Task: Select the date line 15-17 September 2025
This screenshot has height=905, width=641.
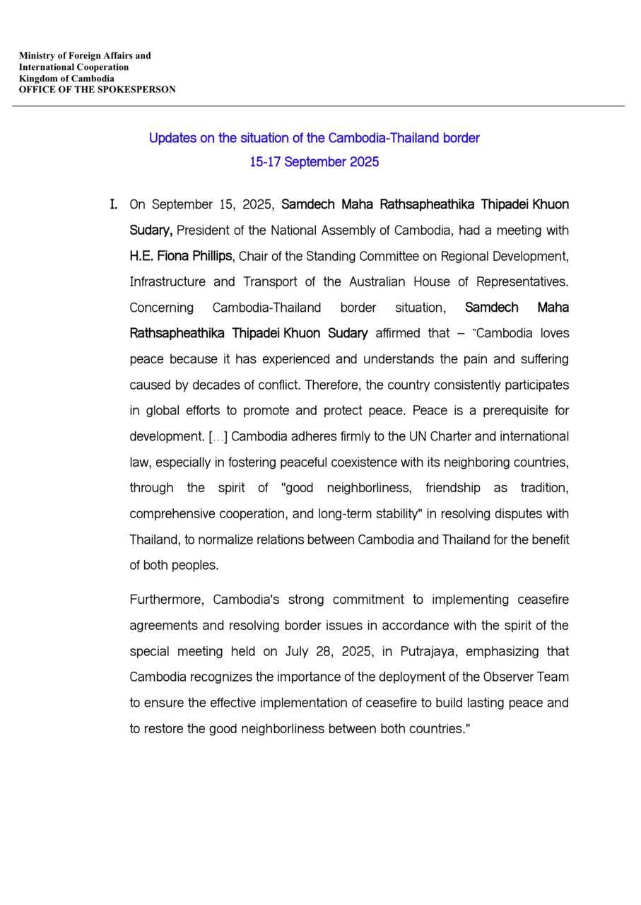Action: pyautogui.click(x=314, y=162)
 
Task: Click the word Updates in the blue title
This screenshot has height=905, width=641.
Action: pyautogui.click(x=172, y=138)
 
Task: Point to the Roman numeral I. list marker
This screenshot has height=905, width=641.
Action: pyautogui.click(x=113, y=204)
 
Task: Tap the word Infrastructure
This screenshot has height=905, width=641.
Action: pyautogui.click(x=167, y=281)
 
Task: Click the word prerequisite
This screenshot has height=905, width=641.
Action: pyautogui.click(x=508, y=411)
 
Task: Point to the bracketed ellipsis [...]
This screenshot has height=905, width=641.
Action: pyautogui.click(x=218, y=437)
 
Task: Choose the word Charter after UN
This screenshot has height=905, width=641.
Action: pyautogui.click(x=453, y=436)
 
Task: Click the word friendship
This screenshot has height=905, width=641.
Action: pyautogui.click(x=452, y=488)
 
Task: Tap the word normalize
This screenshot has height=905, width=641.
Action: pyautogui.click(x=225, y=539)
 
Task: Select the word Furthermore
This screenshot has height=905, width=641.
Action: pyautogui.click(x=167, y=600)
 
